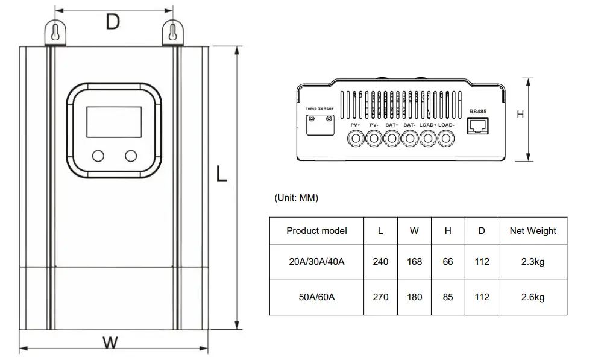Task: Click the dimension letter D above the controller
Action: pos(112,23)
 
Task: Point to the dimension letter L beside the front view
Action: pos(222,174)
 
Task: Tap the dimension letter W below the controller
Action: pos(110,343)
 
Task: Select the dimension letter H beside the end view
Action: pos(520,115)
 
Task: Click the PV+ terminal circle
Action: pos(356,139)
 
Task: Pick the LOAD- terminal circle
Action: pos(445,139)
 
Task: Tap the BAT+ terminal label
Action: pos(392,125)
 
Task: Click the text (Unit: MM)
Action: pos(296,198)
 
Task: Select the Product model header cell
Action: pos(316,230)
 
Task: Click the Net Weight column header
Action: pos(533,230)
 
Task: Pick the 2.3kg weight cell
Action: pos(533,262)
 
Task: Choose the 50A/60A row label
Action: pos(316,297)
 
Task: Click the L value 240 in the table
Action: pos(380,262)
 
